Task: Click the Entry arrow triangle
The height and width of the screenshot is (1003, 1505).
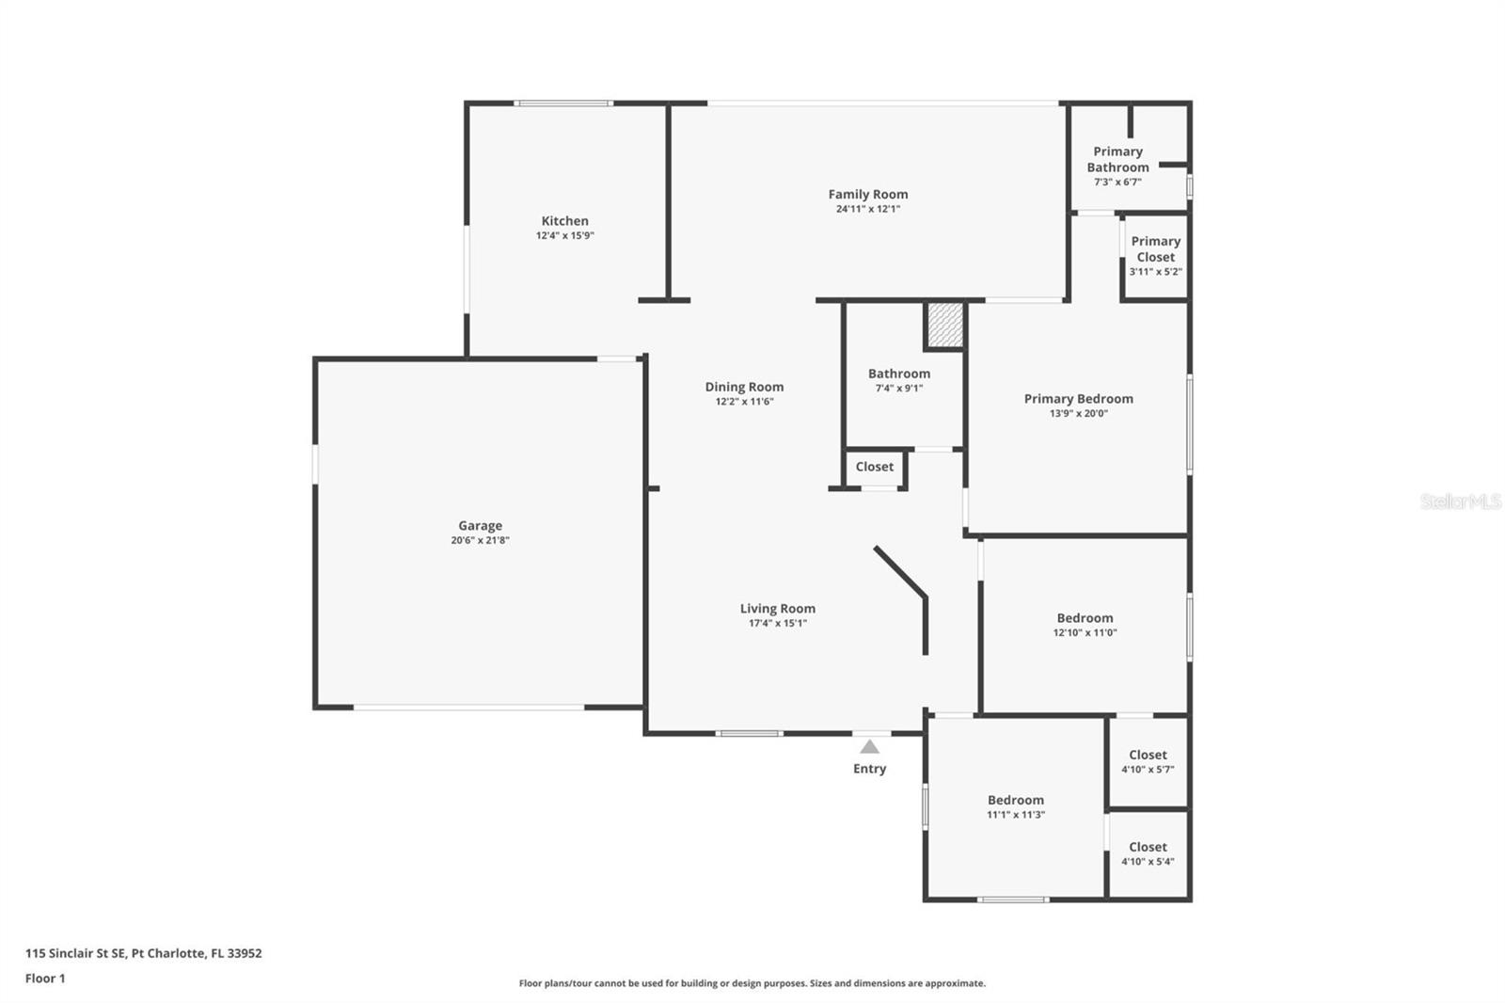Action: pos(869,747)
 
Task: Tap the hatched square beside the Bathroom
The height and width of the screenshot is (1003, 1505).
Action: pos(944,324)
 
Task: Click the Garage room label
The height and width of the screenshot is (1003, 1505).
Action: pos(480,526)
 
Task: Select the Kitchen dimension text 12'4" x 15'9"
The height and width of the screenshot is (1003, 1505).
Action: pos(564,236)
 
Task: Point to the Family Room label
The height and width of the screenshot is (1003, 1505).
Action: pos(867,195)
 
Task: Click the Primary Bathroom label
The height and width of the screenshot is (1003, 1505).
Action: pos(1117,159)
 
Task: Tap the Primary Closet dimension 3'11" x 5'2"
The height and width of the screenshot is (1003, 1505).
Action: pos(1155,272)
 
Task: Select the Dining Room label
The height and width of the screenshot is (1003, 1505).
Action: pos(744,387)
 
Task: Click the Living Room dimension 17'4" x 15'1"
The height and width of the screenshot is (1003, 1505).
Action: pos(777,623)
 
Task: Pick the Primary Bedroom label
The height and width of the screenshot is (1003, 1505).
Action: pos(1078,399)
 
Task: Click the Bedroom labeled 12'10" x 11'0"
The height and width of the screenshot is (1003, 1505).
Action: pos(1085,618)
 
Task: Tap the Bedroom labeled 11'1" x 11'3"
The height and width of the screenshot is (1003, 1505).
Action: pos(1015,800)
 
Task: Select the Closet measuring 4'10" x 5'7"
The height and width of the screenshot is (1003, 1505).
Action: pos(1148,755)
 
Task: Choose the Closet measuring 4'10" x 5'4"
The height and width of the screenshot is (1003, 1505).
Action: pos(1148,847)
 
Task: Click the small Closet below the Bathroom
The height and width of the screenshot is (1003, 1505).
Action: pos(874,467)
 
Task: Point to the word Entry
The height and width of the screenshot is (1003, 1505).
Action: pos(869,769)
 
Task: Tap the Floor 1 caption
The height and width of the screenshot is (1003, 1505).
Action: pos(45,979)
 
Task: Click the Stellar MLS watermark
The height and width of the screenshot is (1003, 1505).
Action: pos(1460,501)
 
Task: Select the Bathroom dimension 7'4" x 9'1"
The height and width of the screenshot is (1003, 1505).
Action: pos(898,389)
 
